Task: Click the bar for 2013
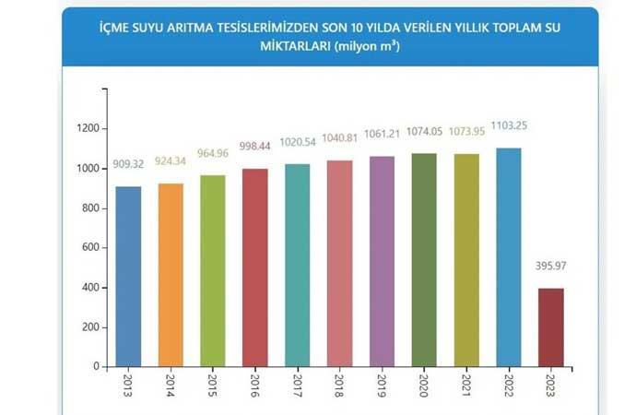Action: point(128,277)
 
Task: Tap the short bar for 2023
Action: point(551,327)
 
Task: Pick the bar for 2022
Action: point(509,257)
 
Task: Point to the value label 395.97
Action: point(550,267)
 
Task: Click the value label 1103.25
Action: point(509,125)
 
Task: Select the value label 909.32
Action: point(128,165)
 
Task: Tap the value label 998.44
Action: point(255,145)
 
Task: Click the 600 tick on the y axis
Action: point(89,248)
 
